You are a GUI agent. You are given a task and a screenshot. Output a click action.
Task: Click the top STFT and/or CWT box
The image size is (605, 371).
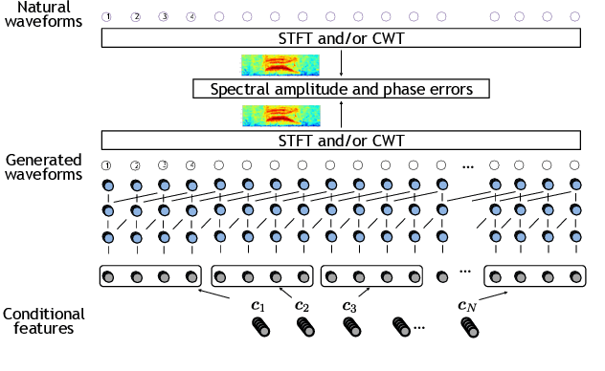coord(341,38)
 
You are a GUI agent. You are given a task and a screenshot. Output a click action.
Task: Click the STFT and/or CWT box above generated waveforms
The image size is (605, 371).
coord(341,141)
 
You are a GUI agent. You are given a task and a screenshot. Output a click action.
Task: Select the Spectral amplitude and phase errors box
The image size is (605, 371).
coord(341,89)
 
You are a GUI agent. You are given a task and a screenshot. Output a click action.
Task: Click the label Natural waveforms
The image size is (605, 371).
coord(43,16)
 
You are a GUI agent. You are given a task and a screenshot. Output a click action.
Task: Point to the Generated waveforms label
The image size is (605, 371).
coord(43,167)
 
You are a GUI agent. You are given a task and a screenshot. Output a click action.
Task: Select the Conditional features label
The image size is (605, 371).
coord(43,320)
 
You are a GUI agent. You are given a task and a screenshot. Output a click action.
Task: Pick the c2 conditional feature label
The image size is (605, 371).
coord(302,306)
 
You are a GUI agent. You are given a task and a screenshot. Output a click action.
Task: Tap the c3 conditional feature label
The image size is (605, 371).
coord(348,306)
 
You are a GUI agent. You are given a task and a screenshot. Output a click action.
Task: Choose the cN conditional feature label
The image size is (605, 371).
coord(467,306)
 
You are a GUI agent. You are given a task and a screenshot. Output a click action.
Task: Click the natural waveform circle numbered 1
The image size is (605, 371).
coord(107,16)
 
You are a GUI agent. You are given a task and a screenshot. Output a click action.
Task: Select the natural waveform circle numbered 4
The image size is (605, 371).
coord(191,16)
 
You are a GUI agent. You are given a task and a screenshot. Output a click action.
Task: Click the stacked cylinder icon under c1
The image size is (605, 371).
coord(260,327)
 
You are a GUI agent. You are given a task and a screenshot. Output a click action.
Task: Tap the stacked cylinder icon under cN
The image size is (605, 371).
coord(469,327)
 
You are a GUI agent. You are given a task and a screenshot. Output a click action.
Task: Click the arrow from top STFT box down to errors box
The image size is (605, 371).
coord(341,64)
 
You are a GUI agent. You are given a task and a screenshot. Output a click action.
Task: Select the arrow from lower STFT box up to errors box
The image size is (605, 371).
coord(341,115)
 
